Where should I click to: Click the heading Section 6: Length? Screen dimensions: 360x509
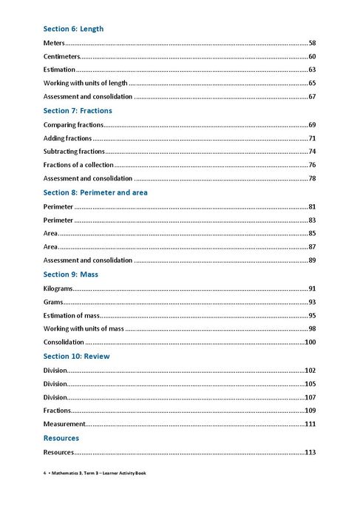point(73,29)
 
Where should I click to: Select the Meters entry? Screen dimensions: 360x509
point(54,44)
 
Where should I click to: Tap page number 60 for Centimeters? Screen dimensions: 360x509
point(312,57)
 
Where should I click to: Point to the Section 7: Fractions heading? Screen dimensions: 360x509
point(78,110)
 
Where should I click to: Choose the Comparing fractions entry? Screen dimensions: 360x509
point(73,125)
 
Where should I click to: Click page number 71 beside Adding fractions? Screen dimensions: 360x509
point(312,138)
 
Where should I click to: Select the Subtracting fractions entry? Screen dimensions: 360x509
point(74,152)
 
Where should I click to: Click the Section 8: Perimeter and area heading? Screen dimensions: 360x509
point(95,192)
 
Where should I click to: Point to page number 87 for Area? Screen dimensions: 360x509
point(312,247)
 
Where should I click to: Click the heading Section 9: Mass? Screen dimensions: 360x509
point(71,274)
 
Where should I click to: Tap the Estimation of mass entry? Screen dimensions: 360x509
point(72,315)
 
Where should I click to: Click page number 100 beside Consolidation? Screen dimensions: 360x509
point(310,343)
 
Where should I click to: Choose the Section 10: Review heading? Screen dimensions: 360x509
point(75,356)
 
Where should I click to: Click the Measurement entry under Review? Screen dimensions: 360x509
point(64,424)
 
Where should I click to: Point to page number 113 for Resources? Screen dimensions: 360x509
point(310,452)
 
